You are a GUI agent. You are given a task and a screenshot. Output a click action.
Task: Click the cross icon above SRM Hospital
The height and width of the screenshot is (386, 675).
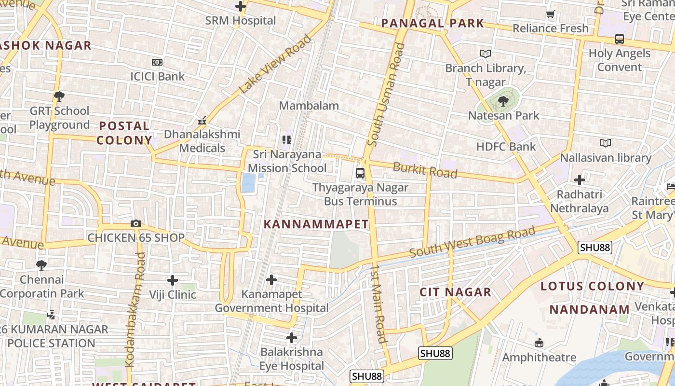tap(240, 7)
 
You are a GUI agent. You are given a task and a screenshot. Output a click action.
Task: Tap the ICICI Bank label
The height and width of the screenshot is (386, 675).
tap(157, 76)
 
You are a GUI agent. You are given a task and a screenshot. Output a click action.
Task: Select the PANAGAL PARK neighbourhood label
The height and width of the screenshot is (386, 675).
tap(432, 23)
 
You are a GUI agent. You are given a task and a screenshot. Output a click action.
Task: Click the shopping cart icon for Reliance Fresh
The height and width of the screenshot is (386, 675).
tap(551, 14)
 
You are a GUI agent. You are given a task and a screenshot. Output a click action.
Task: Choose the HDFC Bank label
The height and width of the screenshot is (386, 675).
tap(506, 147)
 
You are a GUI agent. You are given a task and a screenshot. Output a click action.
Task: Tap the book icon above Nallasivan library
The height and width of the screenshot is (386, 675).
tap(605, 143)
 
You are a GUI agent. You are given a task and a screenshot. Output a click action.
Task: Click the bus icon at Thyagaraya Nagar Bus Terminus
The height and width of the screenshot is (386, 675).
tap(360, 173)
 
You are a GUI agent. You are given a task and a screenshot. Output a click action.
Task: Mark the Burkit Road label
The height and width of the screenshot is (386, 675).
tap(425, 170)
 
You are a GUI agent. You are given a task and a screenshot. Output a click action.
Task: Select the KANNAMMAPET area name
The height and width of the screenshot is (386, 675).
tap(316, 224)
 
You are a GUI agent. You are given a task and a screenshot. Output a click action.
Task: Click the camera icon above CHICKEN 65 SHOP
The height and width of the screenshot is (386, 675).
tap(136, 224)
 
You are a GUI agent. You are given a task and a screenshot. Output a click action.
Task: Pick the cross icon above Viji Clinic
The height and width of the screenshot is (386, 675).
tap(173, 280)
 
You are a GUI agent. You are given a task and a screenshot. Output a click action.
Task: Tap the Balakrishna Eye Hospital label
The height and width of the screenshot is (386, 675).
tap(292, 359)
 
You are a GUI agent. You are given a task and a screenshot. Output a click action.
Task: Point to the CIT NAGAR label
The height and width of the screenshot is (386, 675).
tap(455, 292)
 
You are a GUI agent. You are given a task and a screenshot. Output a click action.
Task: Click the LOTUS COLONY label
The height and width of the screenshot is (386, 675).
tap(592, 286)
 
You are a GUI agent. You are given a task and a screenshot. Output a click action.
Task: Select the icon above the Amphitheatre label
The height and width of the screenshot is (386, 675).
tap(539, 344)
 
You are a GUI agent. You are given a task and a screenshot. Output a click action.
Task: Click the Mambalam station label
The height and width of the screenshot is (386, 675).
tap(309, 106)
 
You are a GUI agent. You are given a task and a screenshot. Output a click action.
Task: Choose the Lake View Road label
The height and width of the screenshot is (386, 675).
tap(275, 64)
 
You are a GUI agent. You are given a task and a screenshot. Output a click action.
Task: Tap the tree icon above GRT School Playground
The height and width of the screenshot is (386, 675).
tap(59, 96)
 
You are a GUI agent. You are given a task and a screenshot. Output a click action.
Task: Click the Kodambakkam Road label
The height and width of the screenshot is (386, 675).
tap(135, 309)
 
